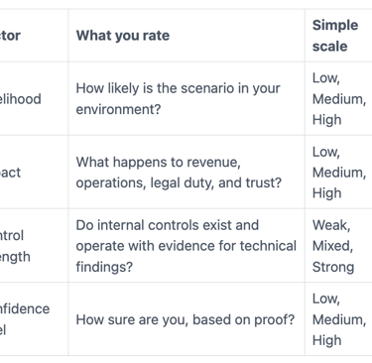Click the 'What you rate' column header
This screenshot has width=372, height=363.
[x=123, y=36]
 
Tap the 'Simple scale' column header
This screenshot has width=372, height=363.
[x=335, y=36]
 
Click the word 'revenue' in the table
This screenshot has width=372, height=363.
[x=222, y=162]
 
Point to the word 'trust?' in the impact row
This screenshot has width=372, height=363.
[x=261, y=182]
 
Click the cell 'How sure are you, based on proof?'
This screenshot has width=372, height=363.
[x=186, y=319]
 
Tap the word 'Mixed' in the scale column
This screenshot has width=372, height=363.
[x=332, y=246]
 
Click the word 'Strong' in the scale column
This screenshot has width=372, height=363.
[x=333, y=267]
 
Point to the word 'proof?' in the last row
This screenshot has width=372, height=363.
[x=271, y=319]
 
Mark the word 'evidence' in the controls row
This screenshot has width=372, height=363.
[x=188, y=246]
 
